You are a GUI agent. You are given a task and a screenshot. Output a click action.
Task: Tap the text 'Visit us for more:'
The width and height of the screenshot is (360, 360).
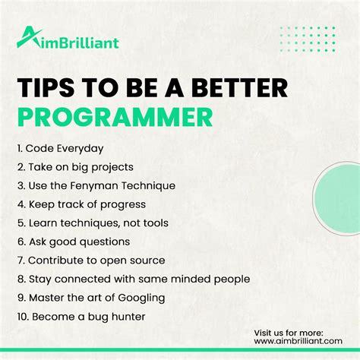click(289, 332)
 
